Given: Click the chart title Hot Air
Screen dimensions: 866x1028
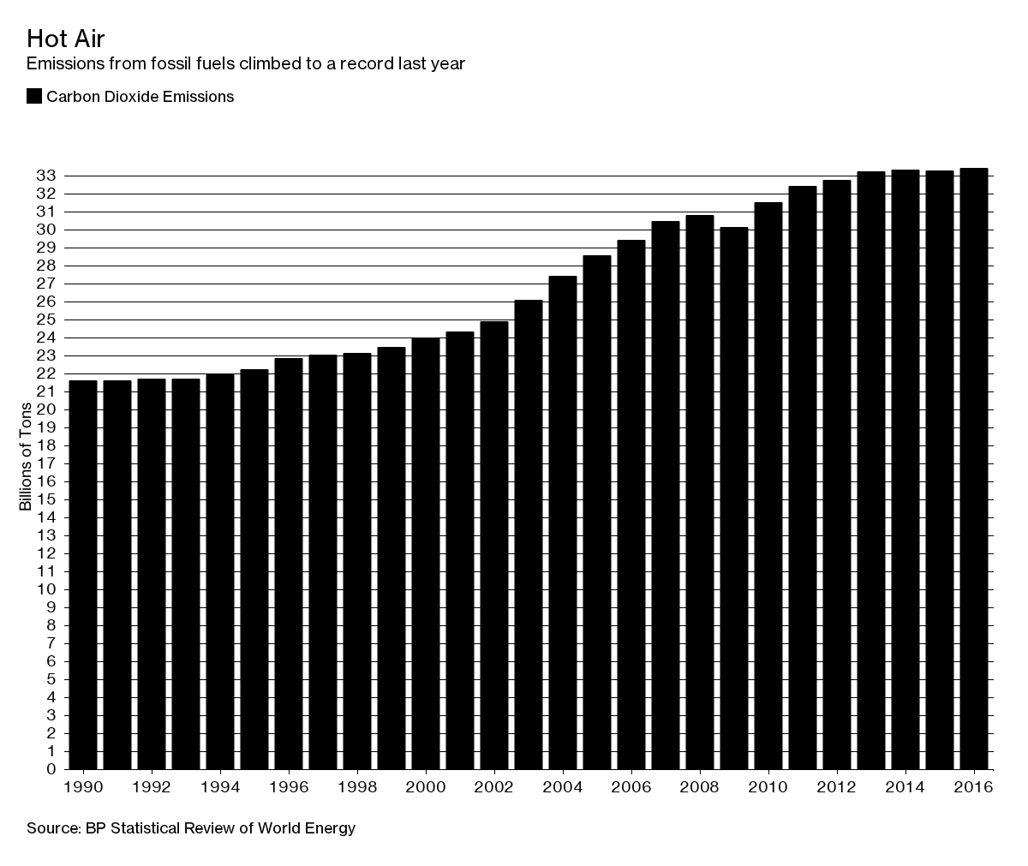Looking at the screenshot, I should click(65, 39).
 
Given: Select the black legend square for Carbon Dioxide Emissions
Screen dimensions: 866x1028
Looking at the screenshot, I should click(34, 97).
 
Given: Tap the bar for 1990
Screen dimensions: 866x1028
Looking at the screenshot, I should click(83, 574).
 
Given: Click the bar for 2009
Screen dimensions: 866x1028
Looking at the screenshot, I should click(734, 497).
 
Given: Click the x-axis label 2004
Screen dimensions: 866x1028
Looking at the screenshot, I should click(562, 787).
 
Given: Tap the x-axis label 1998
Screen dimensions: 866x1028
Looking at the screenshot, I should click(356, 787).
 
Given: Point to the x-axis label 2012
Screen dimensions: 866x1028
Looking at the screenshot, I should click(836, 787).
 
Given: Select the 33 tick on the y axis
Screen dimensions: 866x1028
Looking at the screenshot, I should click(47, 176).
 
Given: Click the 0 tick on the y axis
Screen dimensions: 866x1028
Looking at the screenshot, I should click(51, 769).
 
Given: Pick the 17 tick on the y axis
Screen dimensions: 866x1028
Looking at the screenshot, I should click(47, 463).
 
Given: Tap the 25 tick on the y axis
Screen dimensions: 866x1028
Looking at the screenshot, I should click(47, 320).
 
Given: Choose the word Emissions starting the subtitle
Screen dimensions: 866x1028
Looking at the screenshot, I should click(62, 64).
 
